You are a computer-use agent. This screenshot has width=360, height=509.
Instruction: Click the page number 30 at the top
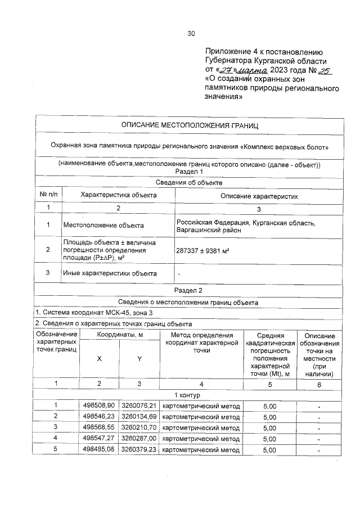(x=191, y=34)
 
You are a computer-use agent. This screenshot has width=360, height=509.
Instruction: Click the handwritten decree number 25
(x=325, y=70)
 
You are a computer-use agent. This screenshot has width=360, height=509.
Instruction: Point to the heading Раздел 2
(x=190, y=291)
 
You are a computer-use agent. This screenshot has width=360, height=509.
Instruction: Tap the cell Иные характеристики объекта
(x=109, y=273)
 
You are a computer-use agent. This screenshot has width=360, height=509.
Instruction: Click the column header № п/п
(x=48, y=195)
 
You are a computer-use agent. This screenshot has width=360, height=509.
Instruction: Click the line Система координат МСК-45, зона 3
(x=93, y=313)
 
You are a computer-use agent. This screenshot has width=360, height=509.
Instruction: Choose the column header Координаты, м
(x=119, y=335)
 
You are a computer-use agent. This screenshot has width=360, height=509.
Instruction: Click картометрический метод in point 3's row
(x=201, y=427)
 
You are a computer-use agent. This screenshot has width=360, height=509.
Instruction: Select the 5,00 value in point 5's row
(x=269, y=449)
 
